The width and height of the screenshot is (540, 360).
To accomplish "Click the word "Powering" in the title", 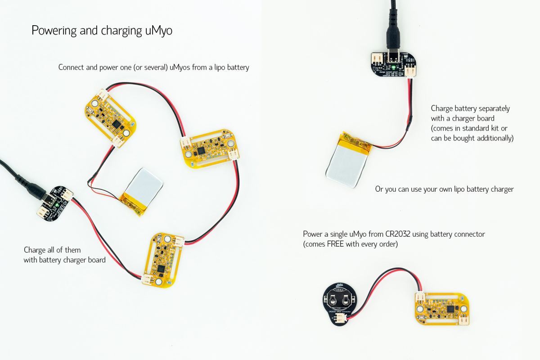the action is pos(54,31).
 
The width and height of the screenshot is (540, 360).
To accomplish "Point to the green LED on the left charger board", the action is pos(57,205).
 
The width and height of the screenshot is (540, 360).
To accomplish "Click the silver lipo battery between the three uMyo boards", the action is pos(142,191).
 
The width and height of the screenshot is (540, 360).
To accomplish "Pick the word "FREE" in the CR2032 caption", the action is pos(335,244).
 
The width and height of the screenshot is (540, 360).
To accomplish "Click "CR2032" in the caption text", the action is pos(398,234).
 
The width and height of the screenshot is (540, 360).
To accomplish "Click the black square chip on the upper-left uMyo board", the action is pos(117,124).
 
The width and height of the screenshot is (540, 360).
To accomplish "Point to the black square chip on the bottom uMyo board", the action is pos(161,268).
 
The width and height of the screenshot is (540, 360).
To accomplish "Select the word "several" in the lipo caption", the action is pos(156,67).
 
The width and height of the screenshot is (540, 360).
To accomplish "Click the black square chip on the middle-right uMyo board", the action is pos(201,152).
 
